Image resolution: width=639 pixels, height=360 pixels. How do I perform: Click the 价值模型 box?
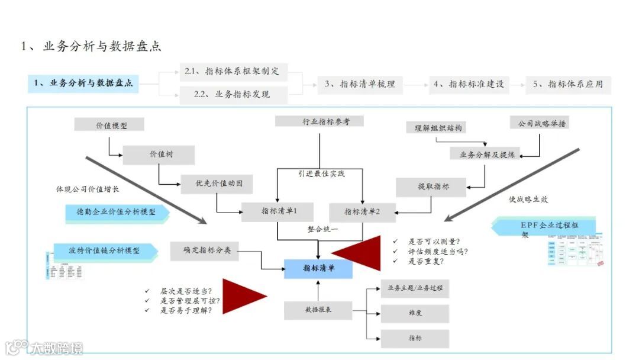click(109, 125)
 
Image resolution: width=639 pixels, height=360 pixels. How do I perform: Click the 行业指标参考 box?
click(319, 122)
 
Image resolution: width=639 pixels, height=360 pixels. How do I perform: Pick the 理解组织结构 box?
click(438, 127)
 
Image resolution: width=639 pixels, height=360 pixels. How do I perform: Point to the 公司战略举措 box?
click(540, 124)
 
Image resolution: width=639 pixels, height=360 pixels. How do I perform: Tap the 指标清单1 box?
click(277, 211)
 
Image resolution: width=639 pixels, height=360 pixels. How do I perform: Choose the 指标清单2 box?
click(362, 211)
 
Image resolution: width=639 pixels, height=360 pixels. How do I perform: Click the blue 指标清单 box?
click(318, 268)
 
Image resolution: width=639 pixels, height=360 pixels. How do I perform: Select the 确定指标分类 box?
click(204, 250)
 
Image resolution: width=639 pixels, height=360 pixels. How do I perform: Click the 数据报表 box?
click(318, 310)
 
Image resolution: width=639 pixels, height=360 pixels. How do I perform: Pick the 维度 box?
click(414, 313)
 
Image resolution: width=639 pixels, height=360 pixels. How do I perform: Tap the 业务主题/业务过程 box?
click(414, 288)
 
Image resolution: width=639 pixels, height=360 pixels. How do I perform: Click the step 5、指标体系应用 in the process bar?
click(568, 84)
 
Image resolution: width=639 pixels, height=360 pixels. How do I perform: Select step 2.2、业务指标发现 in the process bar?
click(233, 94)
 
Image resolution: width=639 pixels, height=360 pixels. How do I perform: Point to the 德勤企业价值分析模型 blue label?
click(116, 212)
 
